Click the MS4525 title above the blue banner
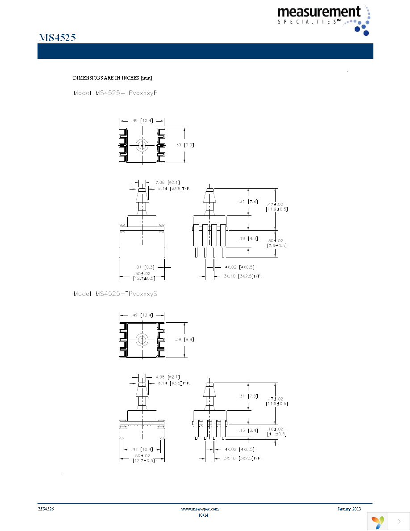(x=57, y=38)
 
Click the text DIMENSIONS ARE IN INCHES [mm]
(x=113, y=78)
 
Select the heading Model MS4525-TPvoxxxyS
(x=115, y=294)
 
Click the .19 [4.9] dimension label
(x=249, y=239)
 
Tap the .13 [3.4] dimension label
(x=249, y=430)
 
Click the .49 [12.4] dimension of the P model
(x=142, y=121)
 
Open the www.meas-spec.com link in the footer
(x=200, y=509)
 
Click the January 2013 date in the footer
(x=349, y=509)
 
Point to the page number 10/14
(x=203, y=515)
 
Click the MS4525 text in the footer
(x=46, y=509)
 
